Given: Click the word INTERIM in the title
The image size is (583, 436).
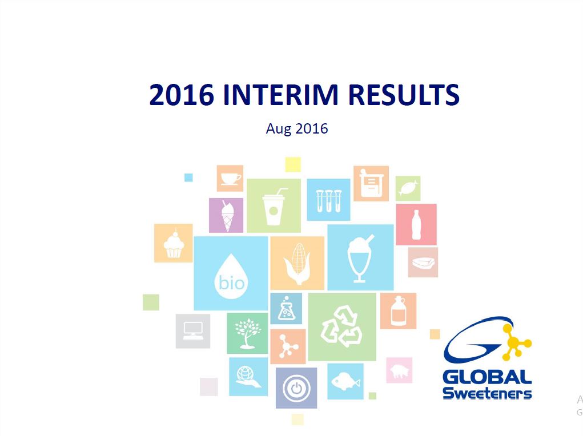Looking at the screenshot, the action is [x=281, y=95].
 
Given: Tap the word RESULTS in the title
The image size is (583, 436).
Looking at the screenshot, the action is [x=404, y=95].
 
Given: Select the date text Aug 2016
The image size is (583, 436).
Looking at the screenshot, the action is [x=297, y=128].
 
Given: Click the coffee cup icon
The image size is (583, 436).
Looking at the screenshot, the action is [x=230, y=179].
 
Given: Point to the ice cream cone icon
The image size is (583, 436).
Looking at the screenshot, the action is [x=228, y=216].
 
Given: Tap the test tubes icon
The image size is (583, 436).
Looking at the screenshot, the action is [x=329, y=201].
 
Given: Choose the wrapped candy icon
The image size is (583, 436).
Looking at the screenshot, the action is [x=408, y=188].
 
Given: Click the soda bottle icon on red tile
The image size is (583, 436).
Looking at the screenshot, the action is [x=416, y=224].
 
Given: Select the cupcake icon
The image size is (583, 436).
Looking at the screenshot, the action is [x=174, y=244].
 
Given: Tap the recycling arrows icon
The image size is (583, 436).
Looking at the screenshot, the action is [x=341, y=326].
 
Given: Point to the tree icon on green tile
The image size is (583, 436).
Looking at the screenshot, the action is [x=248, y=333].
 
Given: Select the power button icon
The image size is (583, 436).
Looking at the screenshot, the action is [x=296, y=389].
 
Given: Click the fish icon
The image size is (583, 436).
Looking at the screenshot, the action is [x=345, y=381].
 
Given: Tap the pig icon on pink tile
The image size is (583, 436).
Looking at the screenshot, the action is [x=399, y=371].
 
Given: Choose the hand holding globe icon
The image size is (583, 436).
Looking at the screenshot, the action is [x=248, y=377].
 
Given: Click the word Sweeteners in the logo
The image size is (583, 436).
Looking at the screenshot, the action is [x=487, y=393].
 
